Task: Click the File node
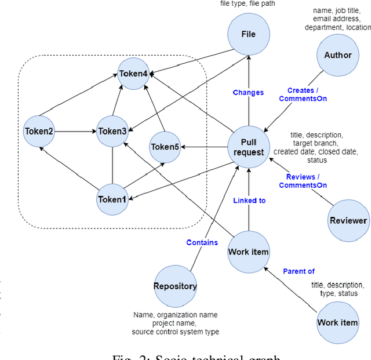click(x=248, y=34)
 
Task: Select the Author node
click(x=337, y=55)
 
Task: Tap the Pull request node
click(x=249, y=147)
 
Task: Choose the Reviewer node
click(x=348, y=220)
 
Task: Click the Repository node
click(x=175, y=286)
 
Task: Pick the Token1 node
click(x=112, y=199)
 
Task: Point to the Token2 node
click(x=39, y=131)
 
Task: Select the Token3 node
click(x=112, y=131)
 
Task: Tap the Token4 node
click(x=133, y=73)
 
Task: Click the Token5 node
click(x=165, y=147)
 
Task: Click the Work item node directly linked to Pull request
click(x=248, y=252)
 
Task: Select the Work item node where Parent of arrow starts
click(x=337, y=322)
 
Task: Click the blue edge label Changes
click(x=248, y=92)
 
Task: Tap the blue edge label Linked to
click(x=249, y=200)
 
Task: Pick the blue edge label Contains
click(x=202, y=242)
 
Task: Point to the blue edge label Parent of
click(x=299, y=271)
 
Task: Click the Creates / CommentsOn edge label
click(x=303, y=94)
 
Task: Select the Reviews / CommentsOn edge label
click(x=303, y=181)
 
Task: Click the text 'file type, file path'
click(x=248, y=3)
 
